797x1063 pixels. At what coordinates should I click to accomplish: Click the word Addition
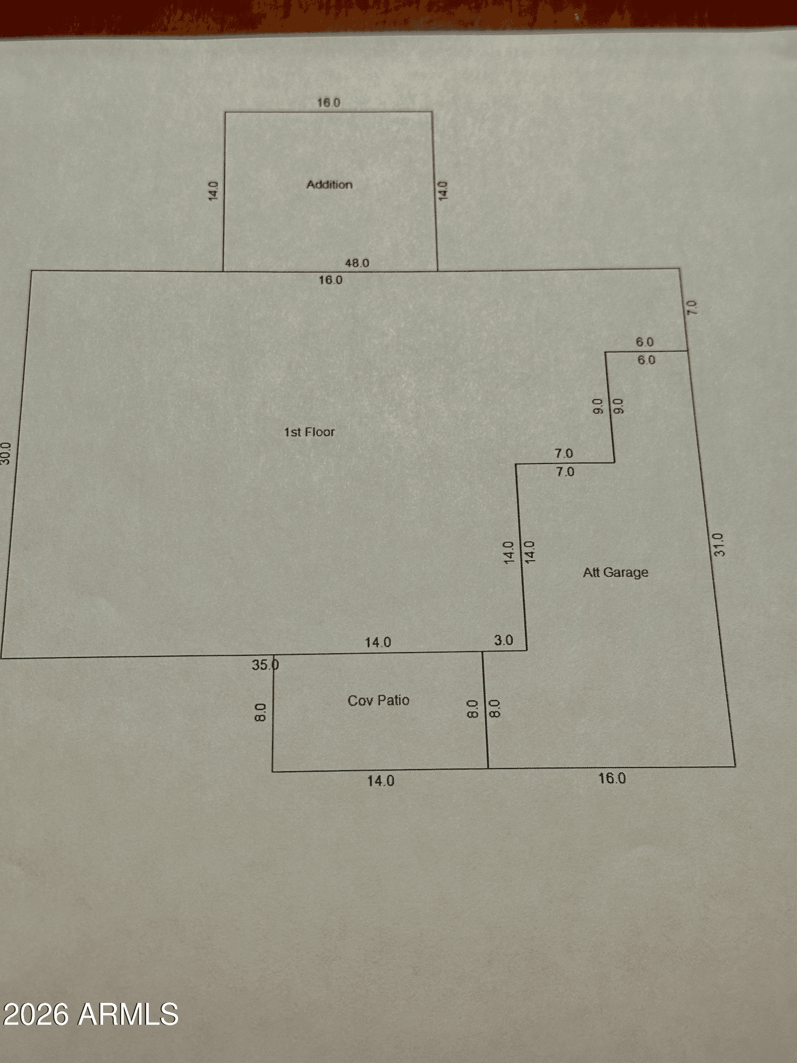[x=329, y=184]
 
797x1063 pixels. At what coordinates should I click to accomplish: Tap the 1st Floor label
[x=309, y=432]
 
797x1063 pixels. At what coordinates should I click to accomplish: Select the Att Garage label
[x=616, y=572]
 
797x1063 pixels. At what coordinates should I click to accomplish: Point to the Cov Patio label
[x=378, y=700]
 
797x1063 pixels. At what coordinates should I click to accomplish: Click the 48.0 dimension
[x=357, y=263]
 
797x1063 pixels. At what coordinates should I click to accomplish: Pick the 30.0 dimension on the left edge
[x=5, y=453]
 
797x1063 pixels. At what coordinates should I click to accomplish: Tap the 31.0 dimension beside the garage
[x=718, y=545]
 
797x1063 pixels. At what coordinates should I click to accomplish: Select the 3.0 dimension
[x=504, y=640]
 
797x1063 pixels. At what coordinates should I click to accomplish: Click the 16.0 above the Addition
[x=328, y=103]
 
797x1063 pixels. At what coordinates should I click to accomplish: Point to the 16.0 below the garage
[x=612, y=778]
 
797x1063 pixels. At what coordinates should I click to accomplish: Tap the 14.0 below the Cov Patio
[x=380, y=781]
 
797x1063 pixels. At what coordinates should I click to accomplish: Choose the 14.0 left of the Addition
[x=213, y=191]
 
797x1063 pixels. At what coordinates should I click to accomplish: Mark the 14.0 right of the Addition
[x=443, y=191]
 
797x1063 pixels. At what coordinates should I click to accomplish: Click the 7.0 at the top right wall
[x=691, y=307]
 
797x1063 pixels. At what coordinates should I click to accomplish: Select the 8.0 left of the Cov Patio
[x=260, y=712]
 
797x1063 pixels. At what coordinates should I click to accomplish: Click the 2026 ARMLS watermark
[x=90, y=1014]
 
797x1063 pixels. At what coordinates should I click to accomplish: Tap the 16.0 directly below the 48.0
[x=330, y=280]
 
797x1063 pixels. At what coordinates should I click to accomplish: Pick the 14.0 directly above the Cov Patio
[x=378, y=642]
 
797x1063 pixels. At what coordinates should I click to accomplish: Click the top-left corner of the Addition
[x=225, y=112]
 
